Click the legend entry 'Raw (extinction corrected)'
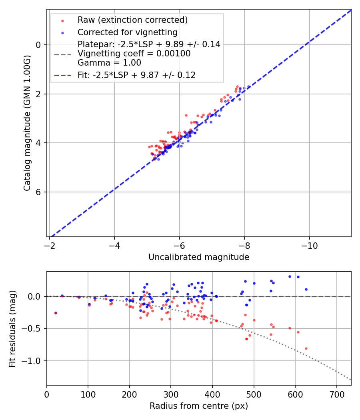click(132, 20)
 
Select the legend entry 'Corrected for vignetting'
click(127, 32)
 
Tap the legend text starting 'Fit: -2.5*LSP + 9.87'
click(136, 75)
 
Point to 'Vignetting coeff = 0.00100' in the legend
click(134, 54)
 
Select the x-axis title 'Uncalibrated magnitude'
click(199, 257)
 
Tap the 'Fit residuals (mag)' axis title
click(13, 328)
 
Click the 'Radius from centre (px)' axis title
click(199, 406)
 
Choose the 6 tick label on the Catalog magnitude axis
click(39, 192)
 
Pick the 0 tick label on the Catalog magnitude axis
click(39, 45)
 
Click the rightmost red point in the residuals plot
click(306, 348)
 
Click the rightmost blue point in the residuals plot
click(306, 289)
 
